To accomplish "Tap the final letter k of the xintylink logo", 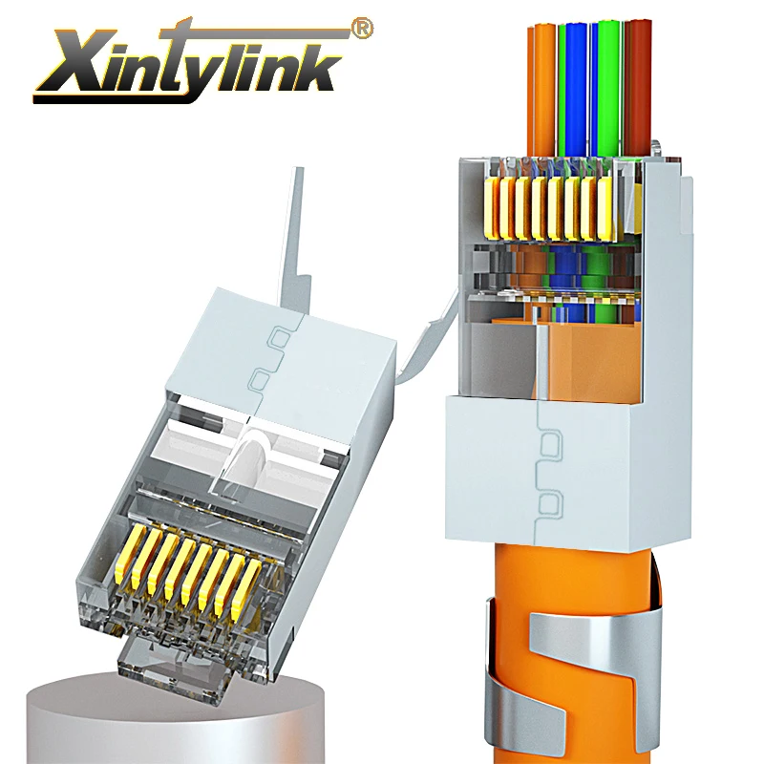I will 320,69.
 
